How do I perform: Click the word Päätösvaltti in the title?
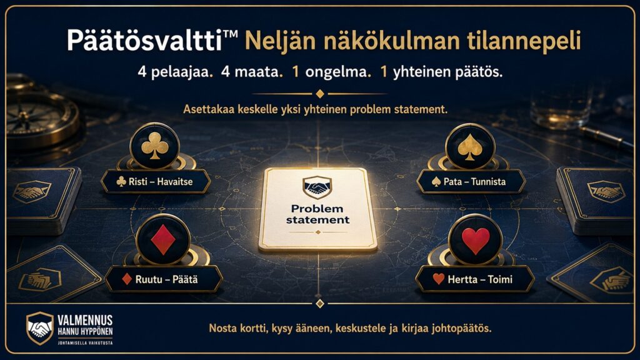(145, 41)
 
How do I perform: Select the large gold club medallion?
(155, 146)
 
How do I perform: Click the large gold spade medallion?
(470, 146)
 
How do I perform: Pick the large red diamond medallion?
(163, 239)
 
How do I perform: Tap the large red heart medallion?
(476, 239)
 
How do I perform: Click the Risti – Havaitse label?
(156, 182)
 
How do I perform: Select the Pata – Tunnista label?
(471, 182)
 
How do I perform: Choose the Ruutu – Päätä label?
(164, 279)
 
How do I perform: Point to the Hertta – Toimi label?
(475, 279)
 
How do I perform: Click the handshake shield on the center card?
(317, 187)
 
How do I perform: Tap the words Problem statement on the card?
(317, 214)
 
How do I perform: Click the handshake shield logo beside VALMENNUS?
(39, 327)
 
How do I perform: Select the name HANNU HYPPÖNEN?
(85, 331)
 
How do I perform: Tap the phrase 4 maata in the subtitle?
(251, 72)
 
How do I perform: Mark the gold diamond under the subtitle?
(320, 94)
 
